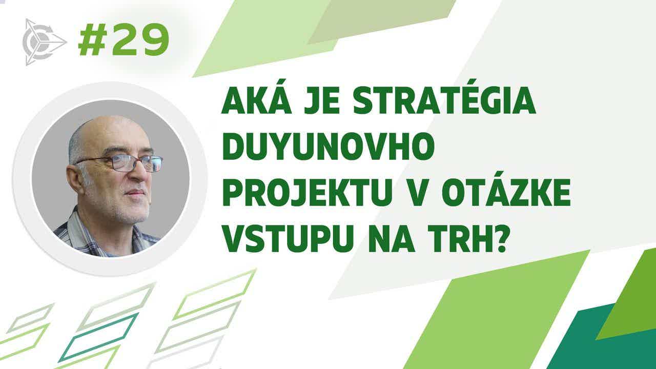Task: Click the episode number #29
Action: pyautogui.click(x=124, y=40)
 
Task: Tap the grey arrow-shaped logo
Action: pyautogui.click(x=45, y=42)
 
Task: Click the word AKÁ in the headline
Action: pyautogui.click(x=257, y=100)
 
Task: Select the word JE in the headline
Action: pyautogui.click(x=322, y=100)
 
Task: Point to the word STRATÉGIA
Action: pyautogui.click(x=444, y=100)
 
